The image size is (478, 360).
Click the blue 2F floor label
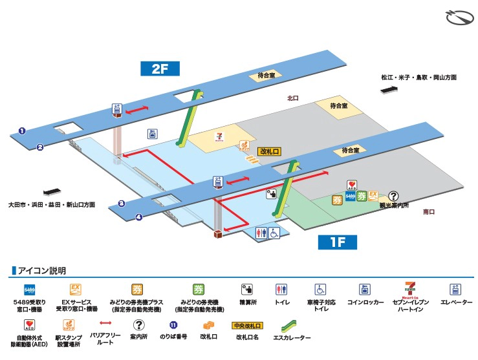(160, 69)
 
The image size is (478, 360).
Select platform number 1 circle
(22, 131)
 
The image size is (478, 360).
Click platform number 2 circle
(40, 147)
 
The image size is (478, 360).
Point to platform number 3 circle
(121, 204)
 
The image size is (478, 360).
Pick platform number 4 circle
(138, 217)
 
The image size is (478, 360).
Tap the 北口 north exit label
(293, 98)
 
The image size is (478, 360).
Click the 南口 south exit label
(429, 211)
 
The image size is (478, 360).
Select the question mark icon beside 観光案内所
(393, 196)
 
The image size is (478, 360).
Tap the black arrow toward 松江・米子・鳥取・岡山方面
(390, 90)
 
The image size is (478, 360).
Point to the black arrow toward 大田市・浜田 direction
(50, 191)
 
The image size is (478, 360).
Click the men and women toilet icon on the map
(261, 233)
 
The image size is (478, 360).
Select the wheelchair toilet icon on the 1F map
(274, 233)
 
